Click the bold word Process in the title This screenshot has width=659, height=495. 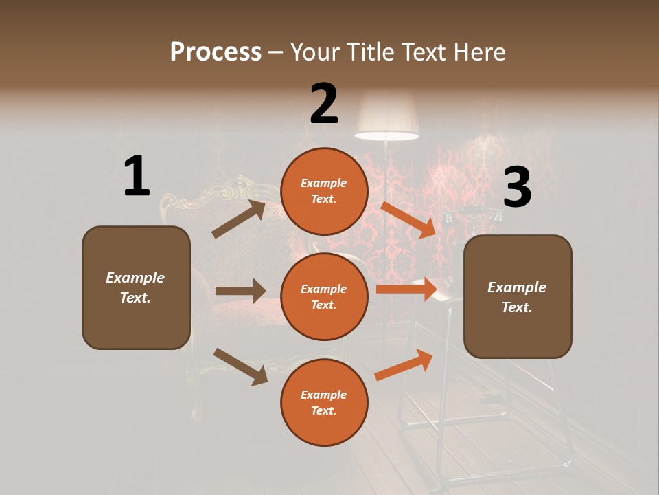pyautogui.click(x=216, y=52)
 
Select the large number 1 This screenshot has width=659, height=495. pyautogui.click(x=137, y=177)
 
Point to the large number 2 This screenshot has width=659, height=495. pyautogui.click(x=324, y=104)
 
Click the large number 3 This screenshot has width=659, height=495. pyautogui.click(x=518, y=188)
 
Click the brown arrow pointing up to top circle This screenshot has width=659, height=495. pyautogui.click(x=239, y=219)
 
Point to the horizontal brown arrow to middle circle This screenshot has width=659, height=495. pyautogui.click(x=240, y=291)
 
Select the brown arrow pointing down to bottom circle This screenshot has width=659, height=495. pyautogui.click(x=240, y=366)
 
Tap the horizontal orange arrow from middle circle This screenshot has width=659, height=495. pyautogui.click(x=406, y=289)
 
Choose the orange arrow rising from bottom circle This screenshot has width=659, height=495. pyautogui.click(x=404, y=365)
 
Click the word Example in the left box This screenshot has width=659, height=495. pyautogui.click(x=135, y=278)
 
